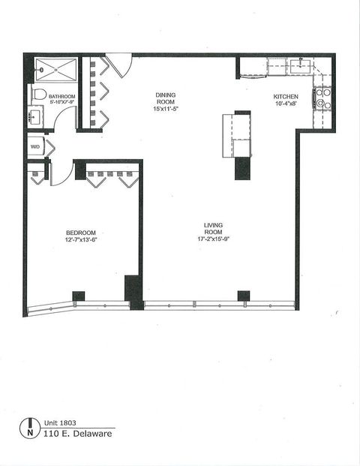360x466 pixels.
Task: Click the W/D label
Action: click(x=35, y=147)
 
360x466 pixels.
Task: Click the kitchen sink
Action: click(x=305, y=66)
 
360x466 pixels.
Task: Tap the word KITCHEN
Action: click(x=286, y=98)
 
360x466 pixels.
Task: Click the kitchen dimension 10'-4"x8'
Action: click(x=286, y=106)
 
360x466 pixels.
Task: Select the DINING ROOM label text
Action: click(x=166, y=99)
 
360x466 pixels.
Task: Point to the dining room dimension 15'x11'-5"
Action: click(x=166, y=110)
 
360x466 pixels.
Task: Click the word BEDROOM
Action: click(x=80, y=233)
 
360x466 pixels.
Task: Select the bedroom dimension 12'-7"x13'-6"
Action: click(x=80, y=240)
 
